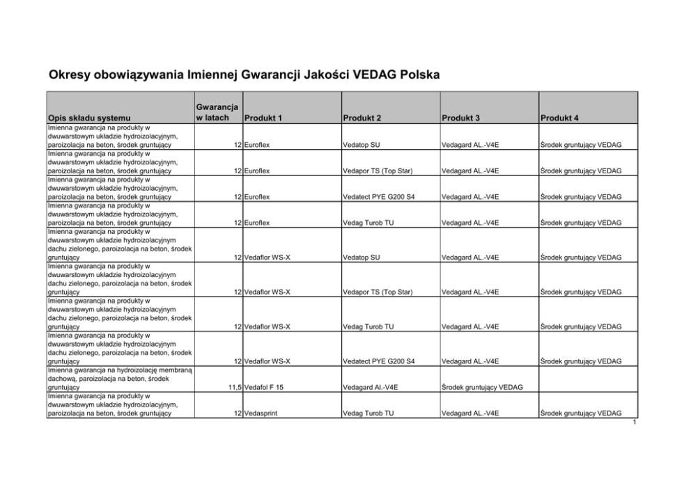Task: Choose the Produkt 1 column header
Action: point(263,118)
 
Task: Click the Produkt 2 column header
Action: point(362,118)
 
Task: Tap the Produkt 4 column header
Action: point(559,118)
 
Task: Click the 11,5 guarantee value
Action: point(233,387)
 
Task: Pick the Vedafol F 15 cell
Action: point(264,387)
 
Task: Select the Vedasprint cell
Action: point(261,413)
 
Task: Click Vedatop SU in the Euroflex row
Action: point(362,145)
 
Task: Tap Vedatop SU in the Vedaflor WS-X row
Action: point(362,257)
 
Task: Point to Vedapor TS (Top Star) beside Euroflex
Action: point(378,171)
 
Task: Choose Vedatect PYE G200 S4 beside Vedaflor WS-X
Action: point(378,361)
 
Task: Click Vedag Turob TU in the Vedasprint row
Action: point(368,413)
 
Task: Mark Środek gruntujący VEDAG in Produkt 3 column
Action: point(482,387)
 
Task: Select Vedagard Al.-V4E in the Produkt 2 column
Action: point(370,387)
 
